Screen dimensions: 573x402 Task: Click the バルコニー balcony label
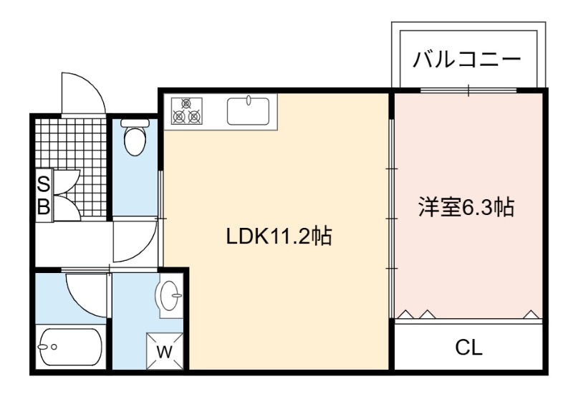point(467,60)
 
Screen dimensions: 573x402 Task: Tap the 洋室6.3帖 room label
point(467,207)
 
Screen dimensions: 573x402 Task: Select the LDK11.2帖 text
point(279,236)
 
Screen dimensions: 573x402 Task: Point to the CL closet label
point(469,348)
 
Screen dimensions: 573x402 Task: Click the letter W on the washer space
point(165,352)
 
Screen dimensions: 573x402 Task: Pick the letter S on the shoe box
point(44,184)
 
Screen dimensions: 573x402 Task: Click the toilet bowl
point(135,140)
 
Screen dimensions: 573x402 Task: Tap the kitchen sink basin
point(249,111)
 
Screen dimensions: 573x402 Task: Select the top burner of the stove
point(186,103)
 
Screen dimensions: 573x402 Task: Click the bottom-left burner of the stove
point(178,117)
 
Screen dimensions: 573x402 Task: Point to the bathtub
point(70,347)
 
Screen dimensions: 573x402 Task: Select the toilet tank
point(135,123)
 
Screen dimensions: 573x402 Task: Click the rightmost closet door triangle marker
point(531,315)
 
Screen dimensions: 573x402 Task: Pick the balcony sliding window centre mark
point(469,90)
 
